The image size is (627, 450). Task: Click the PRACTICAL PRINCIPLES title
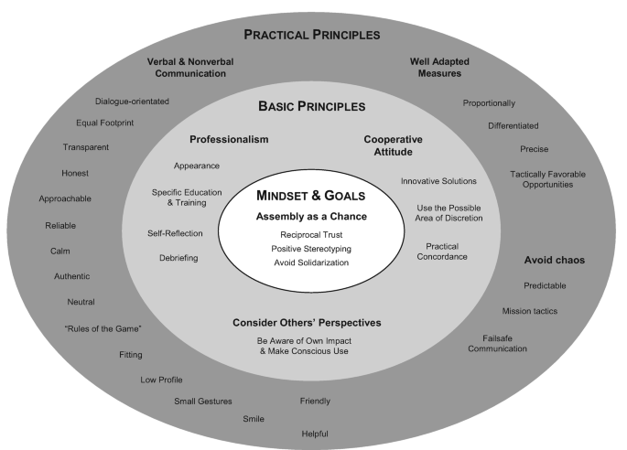313,36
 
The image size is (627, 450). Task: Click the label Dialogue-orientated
132,102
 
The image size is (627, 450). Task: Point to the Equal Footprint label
105,123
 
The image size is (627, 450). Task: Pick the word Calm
60,251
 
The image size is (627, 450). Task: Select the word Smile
254,418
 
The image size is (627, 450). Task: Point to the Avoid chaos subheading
554,260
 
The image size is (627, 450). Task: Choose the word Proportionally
489,103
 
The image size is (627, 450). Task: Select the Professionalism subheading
229,139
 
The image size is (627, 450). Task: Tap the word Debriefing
178,258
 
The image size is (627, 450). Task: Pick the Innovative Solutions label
438,181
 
